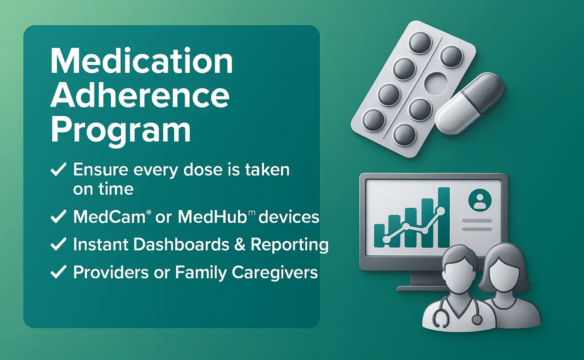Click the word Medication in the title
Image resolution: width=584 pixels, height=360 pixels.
point(141,61)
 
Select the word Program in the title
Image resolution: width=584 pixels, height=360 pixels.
point(121,132)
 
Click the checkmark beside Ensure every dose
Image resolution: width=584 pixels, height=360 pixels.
point(58,170)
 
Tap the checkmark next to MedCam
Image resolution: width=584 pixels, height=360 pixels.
point(58,216)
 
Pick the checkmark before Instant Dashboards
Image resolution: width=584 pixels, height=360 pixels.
point(58,244)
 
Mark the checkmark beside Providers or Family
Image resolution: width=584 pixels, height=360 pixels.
point(58,272)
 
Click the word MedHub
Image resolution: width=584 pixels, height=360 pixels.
point(212,217)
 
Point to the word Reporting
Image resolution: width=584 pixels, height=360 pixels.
point(290,245)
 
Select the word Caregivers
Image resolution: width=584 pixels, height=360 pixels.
point(275,273)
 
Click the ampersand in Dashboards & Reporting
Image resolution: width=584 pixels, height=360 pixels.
point(239,244)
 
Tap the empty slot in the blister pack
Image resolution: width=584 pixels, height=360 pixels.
point(436,83)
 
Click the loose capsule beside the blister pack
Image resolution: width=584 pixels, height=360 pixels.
point(470,104)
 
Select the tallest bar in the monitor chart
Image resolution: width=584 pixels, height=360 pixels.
point(443,217)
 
